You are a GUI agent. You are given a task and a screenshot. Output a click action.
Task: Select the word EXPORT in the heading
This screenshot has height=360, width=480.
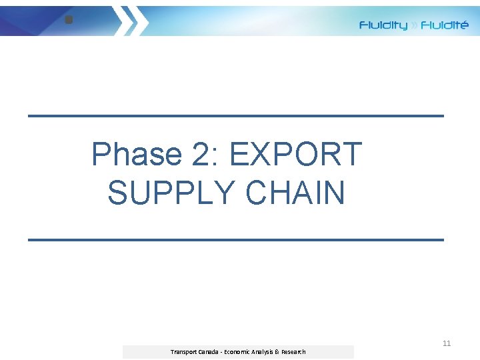tap(295, 155)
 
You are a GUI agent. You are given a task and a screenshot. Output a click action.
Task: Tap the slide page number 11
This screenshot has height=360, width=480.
tap(447, 343)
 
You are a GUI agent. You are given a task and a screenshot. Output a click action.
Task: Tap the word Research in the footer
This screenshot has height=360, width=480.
tap(294, 351)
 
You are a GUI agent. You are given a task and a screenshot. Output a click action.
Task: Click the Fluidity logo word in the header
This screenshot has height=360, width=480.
tap(383, 25)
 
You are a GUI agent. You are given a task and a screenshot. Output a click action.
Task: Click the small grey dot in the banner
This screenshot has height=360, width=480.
tap(68, 20)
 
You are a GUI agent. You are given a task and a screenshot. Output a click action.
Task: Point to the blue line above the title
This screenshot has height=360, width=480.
tap(235, 115)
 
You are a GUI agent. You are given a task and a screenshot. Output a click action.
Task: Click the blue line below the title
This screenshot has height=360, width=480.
tap(235, 239)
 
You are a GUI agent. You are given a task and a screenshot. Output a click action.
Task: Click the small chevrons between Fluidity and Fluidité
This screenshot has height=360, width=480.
tap(414, 26)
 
